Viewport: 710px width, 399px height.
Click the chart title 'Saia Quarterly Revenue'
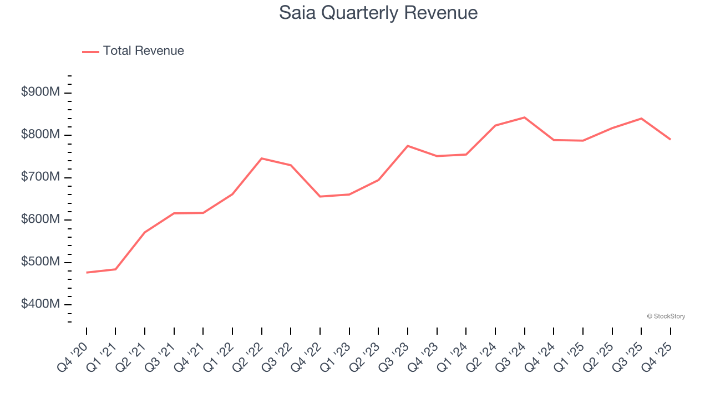pyautogui.click(x=378, y=12)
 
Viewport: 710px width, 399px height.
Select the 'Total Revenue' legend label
pyautogui.click(x=143, y=51)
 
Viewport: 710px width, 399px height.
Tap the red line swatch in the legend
pyautogui.click(x=90, y=52)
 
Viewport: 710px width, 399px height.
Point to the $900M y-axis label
pyautogui.click(x=40, y=93)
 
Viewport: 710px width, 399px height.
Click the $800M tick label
pyautogui.click(x=40, y=135)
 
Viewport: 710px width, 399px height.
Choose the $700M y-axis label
pyautogui.click(x=40, y=177)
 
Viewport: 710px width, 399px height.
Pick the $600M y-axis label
pyautogui.click(x=40, y=219)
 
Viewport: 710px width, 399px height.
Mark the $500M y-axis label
pyautogui.click(x=40, y=262)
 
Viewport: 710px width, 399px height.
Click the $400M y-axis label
pyautogui.click(x=40, y=304)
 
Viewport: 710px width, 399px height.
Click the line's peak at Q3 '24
pyautogui.click(x=524, y=117)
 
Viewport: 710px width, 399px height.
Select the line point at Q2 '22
pyautogui.click(x=262, y=158)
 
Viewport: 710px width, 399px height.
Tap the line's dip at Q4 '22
pyautogui.click(x=320, y=197)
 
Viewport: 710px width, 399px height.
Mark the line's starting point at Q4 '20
pyautogui.click(x=87, y=273)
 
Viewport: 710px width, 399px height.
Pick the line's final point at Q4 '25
pyautogui.click(x=670, y=139)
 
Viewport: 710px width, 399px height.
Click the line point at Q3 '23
pyautogui.click(x=408, y=146)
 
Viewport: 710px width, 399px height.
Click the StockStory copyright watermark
pyautogui.click(x=666, y=316)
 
